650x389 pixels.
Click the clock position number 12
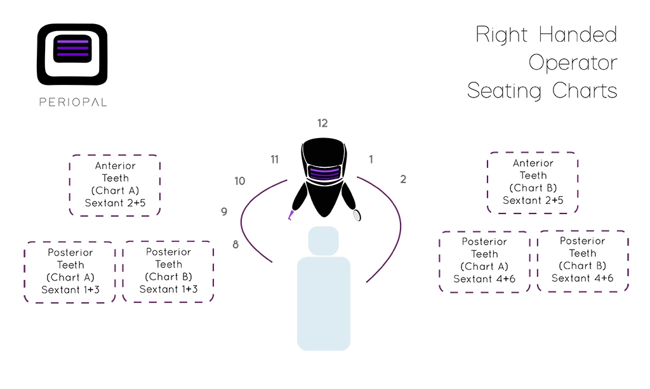coord(322,123)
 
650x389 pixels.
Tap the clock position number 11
coord(274,159)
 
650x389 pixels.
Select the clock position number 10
coord(239,181)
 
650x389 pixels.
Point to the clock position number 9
coord(224,212)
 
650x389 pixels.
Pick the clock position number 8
coord(235,245)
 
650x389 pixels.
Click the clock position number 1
coord(371,159)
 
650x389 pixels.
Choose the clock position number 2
coord(403,179)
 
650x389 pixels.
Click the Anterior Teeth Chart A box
coord(115,186)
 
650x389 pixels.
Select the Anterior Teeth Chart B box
coord(533,182)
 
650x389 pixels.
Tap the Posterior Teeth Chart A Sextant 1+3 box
coord(70,272)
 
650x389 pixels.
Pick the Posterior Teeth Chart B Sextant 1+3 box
coord(168,271)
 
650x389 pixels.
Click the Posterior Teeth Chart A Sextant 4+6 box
coord(484,262)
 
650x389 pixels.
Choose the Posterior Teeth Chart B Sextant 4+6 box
coord(583,261)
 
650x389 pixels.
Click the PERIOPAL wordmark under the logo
coord(73,102)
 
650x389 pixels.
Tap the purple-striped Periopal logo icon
coord(72,54)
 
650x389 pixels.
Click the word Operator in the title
coord(573,63)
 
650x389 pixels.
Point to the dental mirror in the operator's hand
coord(357,215)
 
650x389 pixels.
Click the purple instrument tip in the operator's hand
coord(291,215)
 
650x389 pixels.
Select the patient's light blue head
coord(323,241)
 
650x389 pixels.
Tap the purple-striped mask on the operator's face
coord(324,172)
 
